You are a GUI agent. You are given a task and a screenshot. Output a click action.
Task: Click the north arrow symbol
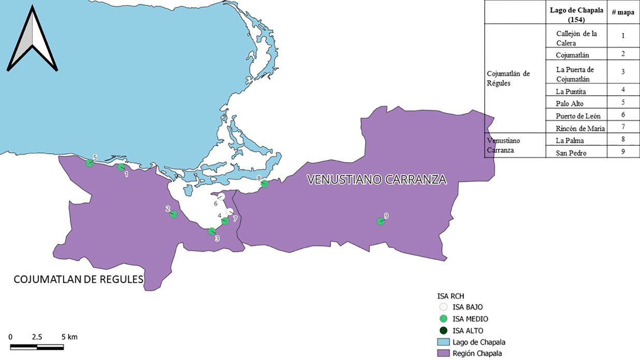pyautogui.click(x=32, y=39)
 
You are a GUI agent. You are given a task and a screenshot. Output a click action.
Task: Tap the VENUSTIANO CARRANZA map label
pyautogui.click(x=376, y=180)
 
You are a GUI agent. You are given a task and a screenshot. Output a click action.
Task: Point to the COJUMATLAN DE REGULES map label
pyautogui.click(x=78, y=280)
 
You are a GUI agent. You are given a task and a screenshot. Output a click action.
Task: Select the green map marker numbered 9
pyautogui.click(x=381, y=222)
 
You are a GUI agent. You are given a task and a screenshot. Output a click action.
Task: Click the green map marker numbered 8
pyautogui.click(x=264, y=183)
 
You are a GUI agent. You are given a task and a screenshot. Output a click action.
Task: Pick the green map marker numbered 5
pyautogui.click(x=90, y=163)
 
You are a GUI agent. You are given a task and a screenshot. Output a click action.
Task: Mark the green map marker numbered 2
pyautogui.click(x=173, y=214)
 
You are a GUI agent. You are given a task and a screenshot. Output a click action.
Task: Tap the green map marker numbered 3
pyautogui.click(x=212, y=231)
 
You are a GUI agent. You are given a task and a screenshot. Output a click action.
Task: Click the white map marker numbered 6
pyautogui.click(x=221, y=197)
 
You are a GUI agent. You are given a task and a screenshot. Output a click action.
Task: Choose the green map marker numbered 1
pyautogui.click(x=121, y=167)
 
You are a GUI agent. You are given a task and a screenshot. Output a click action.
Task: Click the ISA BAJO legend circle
pyautogui.click(x=442, y=307)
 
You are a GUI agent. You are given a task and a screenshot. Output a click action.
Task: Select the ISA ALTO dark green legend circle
pyautogui.click(x=442, y=330)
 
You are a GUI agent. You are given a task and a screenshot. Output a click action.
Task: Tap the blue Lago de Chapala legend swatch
pyautogui.click(x=442, y=342)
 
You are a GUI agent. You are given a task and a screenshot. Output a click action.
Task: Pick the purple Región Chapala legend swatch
pyautogui.click(x=442, y=354)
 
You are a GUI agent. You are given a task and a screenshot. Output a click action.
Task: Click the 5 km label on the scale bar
pyautogui.click(x=68, y=337)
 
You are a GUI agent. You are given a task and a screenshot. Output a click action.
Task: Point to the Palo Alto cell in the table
pyautogui.click(x=569, y=104)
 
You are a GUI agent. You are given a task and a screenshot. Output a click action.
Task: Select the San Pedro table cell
pyautogui.click(x=571, y=152)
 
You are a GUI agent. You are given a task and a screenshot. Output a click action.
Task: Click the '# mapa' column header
pyautogui.click(x=623, y=12)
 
